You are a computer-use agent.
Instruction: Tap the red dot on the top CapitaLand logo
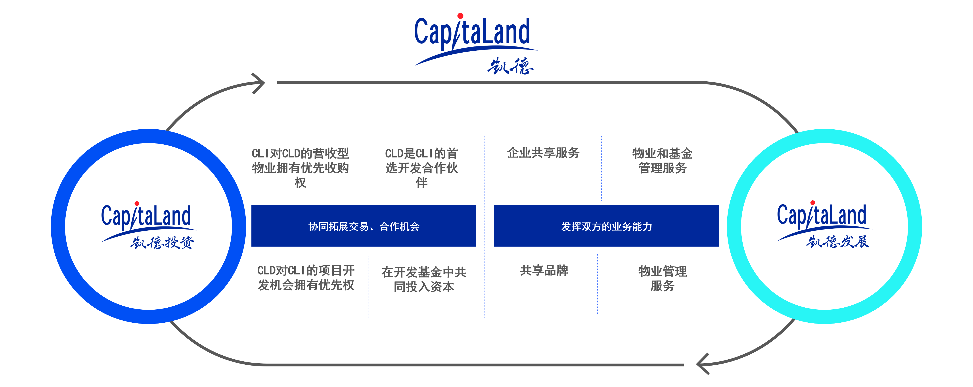coord(460,16)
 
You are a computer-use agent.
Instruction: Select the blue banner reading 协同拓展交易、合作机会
coord(364,226)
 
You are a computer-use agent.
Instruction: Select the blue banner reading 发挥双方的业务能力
coord(606,226)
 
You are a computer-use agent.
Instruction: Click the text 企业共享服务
coord(543,153)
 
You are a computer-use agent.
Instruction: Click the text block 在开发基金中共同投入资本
coord(424,279)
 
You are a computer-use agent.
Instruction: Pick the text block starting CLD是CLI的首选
coord(421,168)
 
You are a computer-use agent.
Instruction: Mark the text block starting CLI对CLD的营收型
coord(300,168)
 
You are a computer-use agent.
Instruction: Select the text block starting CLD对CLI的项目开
coord(306,278)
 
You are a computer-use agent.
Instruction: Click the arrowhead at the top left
coord(259,83)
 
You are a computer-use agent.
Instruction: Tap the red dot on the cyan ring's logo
coord(812,203)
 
